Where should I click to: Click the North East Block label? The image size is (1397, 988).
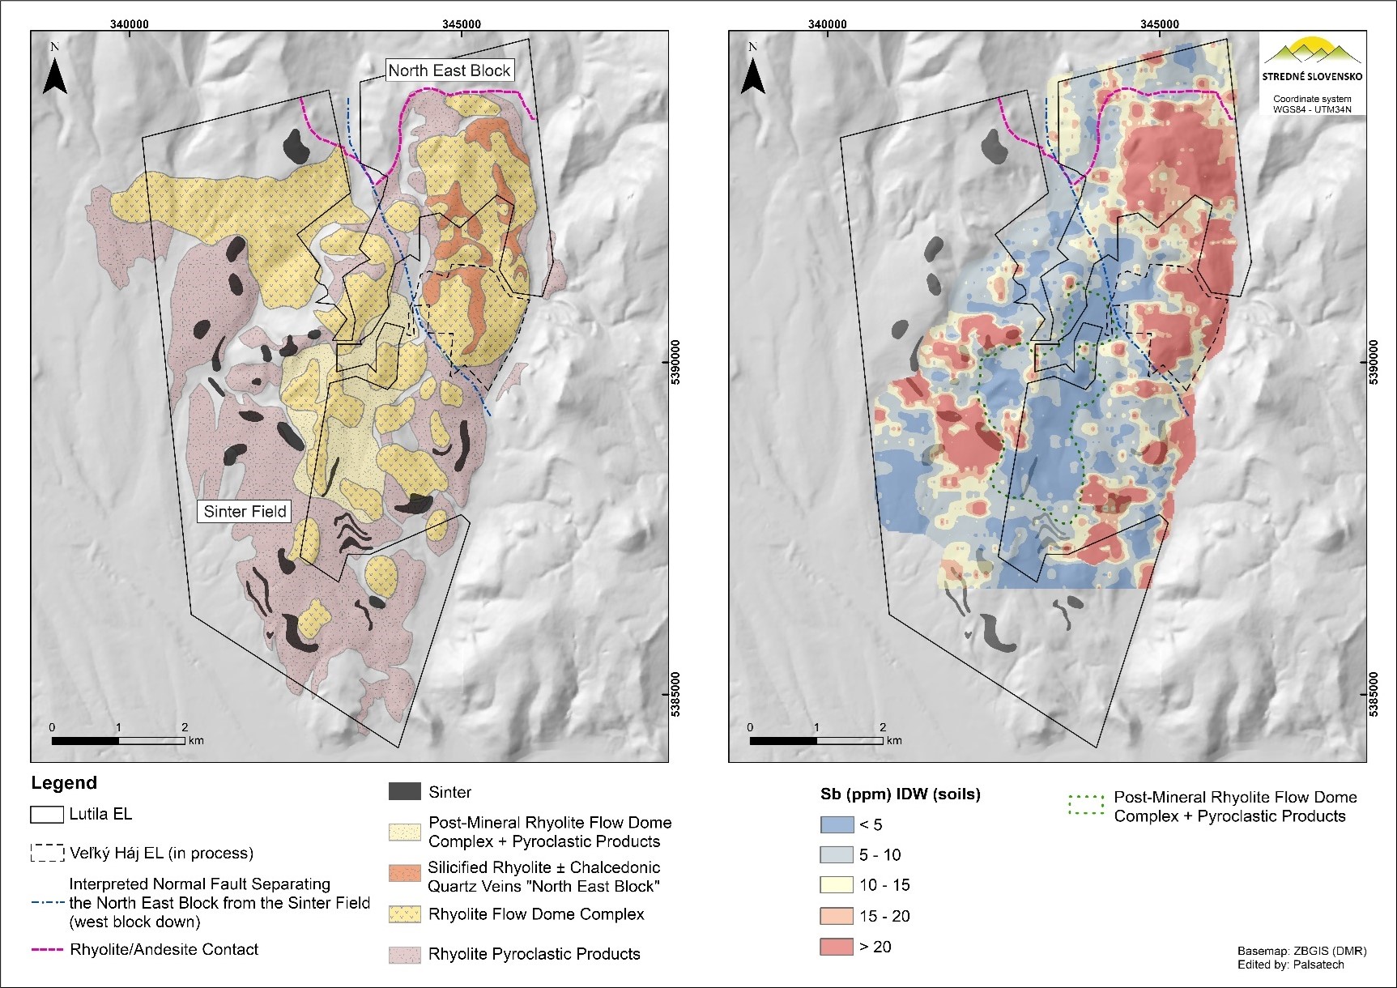pyautogui.click(x=449, y=70)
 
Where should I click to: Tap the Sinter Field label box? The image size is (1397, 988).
pyautogui.click(x=245, y=511)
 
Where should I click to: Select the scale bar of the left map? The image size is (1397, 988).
pyautogui.click(x=118, y=740)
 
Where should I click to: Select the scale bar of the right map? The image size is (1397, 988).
pyautogui.click(x=816, y=740)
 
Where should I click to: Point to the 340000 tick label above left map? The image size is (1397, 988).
pyautogui.click(x=129, y=23)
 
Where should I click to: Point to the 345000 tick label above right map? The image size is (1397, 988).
pyautogui.click(x=1159, y=23)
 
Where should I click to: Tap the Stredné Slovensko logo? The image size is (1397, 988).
pyautogui.click(x=1312, y=60)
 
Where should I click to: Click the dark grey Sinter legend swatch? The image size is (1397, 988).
pyautogui.click(x=405, y=792)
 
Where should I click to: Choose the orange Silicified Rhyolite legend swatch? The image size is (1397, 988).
pyautogui.click(x=405, y=874)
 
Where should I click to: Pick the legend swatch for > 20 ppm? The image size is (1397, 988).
pyautogui.click(x=837, y=947)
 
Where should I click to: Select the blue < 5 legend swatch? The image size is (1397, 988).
pyautogui.click(x=837, y=825)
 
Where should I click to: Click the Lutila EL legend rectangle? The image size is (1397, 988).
pyautogui.click(x=47, y=815)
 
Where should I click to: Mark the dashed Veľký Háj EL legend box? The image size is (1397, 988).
pyautogui.click(x=47, y=853)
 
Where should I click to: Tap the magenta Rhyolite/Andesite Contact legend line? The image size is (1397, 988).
pyautogui.click(x=47, y=950)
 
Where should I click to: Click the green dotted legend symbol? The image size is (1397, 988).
pyautogui.click(x=1086, y=806)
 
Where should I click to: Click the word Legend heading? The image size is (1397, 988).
pyautogui.click(x=64, y=783)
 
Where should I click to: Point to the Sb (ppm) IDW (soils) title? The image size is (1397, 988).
pyautogui.click(x=900, y=794)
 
